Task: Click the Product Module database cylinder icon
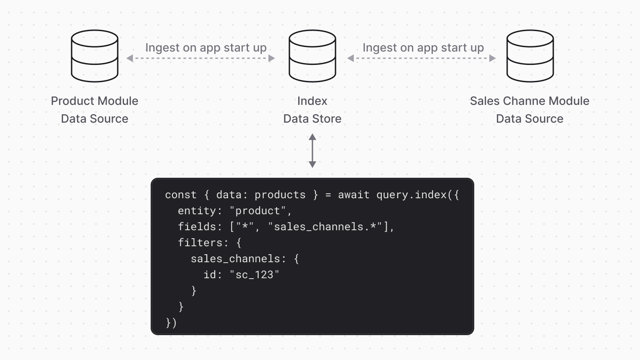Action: (x=95, y=56)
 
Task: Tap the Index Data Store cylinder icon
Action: (x=312, y=56)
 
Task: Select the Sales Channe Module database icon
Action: (x=530, y=56)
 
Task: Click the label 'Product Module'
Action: (x=95, y=101)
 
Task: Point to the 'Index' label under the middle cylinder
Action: (x=312, y=101)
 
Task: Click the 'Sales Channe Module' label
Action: (x=530, y=101)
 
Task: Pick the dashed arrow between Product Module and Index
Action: (x=200, y=58)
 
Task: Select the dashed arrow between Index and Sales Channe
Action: (x=421, y=58)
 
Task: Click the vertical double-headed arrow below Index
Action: (x=312, y=151)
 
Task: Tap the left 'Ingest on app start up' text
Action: (x=206, y=48)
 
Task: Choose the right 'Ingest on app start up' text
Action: (x=423, y=48)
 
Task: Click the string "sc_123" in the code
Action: (x=254, y=275)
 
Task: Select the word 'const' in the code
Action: (x=181, y=195)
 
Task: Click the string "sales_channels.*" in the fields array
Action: (x=328, y=227)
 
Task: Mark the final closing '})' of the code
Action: (x=171, y=323)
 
